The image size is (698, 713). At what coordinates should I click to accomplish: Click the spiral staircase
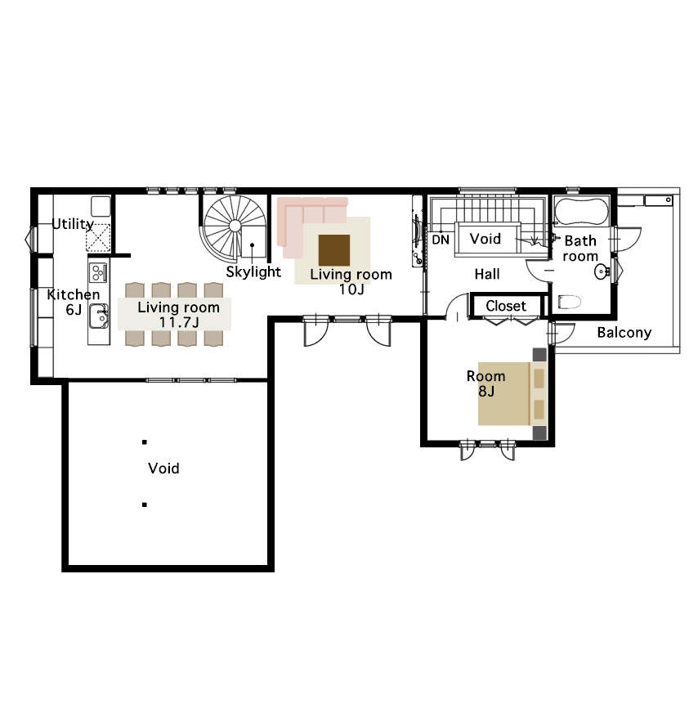point(235,226)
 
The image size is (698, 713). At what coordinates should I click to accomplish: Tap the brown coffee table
point(334,250)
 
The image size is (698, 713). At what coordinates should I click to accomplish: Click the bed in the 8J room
point(512,394)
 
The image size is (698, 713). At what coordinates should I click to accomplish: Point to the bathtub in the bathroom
point(582,212)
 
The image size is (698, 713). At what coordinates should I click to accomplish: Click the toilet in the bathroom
point(570,302)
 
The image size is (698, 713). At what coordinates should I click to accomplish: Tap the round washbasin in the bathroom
point(602,272)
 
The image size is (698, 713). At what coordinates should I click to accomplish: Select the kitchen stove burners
point(98,272)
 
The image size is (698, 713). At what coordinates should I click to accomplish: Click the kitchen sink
point(98,316)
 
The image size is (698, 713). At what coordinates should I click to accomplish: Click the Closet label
point(506,306)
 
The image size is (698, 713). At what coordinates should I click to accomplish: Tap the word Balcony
point(624,333)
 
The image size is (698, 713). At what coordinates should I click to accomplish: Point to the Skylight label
point(253,272)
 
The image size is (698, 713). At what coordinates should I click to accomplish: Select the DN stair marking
point(441,240)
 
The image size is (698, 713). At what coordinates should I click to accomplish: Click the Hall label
point(487,274)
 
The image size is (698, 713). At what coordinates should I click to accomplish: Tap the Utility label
point(73,224)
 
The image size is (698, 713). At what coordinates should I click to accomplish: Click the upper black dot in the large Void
point(145,442)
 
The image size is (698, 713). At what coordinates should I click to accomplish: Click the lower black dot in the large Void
point(145,504)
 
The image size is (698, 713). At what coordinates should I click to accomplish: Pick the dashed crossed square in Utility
point(98,238)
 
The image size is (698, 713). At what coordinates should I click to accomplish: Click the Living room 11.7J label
point(179,315)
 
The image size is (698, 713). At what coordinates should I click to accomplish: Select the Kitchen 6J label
point(74,302)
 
